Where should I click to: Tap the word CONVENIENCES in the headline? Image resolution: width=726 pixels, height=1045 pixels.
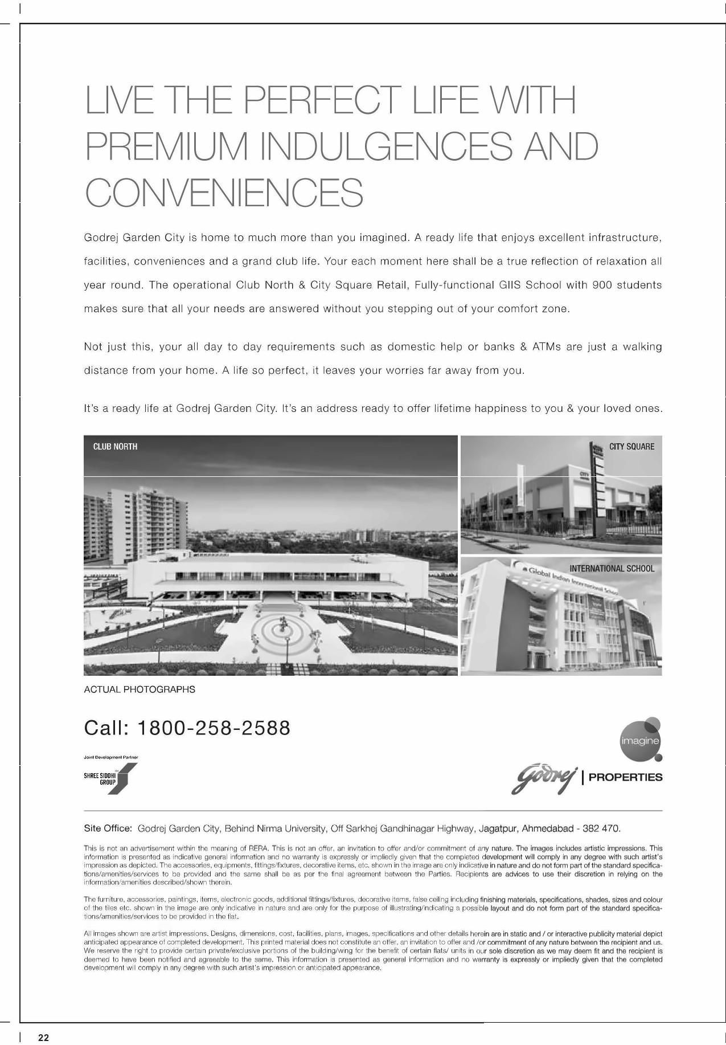point(224,193)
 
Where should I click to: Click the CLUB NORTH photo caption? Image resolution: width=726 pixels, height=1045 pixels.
point(115,447)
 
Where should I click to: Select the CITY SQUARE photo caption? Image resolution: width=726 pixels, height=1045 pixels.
point(631,447)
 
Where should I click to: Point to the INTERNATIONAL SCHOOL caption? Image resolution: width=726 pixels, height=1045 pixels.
point(612,569)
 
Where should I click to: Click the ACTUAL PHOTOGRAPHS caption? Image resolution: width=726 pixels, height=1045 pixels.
point(140,689)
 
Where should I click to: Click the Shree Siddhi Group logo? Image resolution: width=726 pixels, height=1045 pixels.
point(110,778)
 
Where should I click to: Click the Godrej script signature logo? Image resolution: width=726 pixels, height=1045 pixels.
point(543,779)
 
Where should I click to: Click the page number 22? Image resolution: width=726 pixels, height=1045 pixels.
point(44,1038)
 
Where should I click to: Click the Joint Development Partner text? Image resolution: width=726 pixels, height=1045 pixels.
point(110,757)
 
